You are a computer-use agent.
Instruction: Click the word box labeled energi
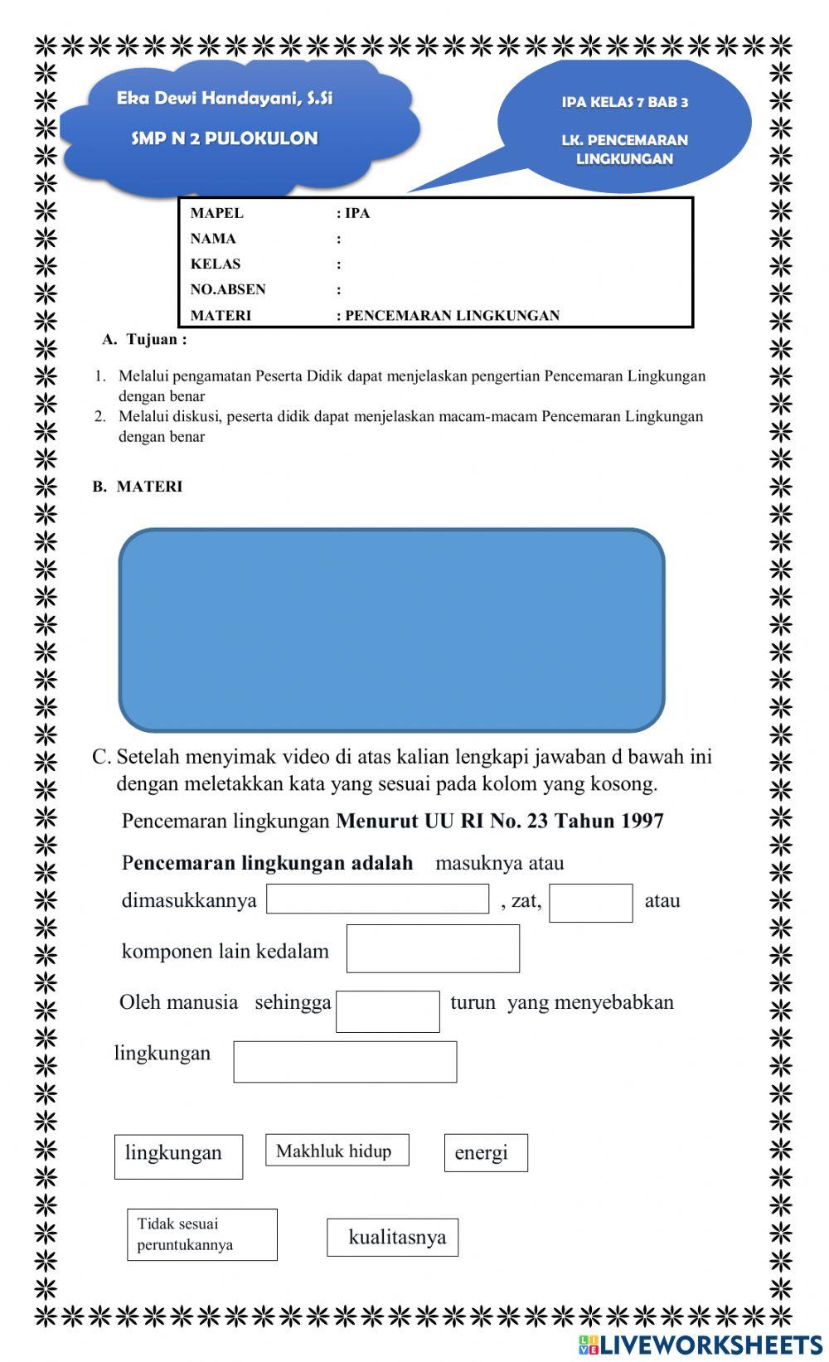click(485, 1152)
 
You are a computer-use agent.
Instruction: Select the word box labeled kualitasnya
click(392, 1237)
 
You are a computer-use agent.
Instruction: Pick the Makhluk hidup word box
click(337, 1151)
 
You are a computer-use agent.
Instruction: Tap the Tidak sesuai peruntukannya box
click(201, 1234)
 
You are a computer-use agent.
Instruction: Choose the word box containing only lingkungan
click(178, 1156)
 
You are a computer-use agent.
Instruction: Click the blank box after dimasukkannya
click(377, 899)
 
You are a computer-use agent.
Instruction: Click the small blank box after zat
click(590, 903)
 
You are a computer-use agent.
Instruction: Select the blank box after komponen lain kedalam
click(433, 948)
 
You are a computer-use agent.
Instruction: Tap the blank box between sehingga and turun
click(387, 1011)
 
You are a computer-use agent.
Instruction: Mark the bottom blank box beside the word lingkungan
click(345, 1062)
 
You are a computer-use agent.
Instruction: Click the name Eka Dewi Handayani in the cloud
click(225, 99)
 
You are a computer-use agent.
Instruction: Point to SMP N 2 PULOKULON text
click(225, 138)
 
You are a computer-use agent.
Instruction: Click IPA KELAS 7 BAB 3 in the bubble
click(624, 103)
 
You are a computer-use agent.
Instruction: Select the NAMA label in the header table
click(213, 239)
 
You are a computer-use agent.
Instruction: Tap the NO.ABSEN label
click(228, 289)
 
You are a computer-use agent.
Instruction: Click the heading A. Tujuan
click(145, 339)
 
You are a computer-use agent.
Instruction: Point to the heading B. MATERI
click(138, 487)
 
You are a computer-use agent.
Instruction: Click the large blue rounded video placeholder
click(391, 630)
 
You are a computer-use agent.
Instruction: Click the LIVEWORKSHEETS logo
click(701, 1344)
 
